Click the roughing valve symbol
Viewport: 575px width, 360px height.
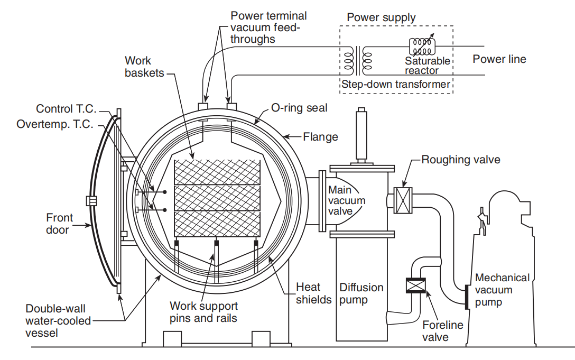404,201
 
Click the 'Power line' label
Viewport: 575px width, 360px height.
499,59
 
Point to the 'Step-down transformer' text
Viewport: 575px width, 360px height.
395,84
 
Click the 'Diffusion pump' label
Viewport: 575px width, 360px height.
361,293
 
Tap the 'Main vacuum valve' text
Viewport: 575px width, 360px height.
347,201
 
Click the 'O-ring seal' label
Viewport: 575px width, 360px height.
299,108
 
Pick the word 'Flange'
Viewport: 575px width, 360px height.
320,137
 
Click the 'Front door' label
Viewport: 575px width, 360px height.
60,223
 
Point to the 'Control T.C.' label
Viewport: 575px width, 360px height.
67,109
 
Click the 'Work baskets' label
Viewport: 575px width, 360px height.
144,67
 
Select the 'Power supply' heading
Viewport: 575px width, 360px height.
381,17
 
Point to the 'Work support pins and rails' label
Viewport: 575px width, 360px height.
203,312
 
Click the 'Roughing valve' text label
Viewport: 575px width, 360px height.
460,159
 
